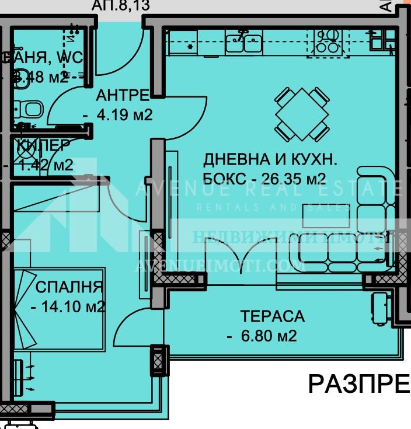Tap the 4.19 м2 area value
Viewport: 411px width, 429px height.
[x=124, y=115]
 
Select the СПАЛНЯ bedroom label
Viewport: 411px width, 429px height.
[x=69, y=287]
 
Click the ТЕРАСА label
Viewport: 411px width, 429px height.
[x=272, y=316]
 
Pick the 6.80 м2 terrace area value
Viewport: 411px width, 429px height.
[x=268, y=336]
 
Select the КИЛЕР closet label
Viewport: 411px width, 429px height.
[x=44, y=145]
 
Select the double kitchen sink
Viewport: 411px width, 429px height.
[x=245, y=41]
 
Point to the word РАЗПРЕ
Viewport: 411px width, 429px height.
[x=358, y=385]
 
